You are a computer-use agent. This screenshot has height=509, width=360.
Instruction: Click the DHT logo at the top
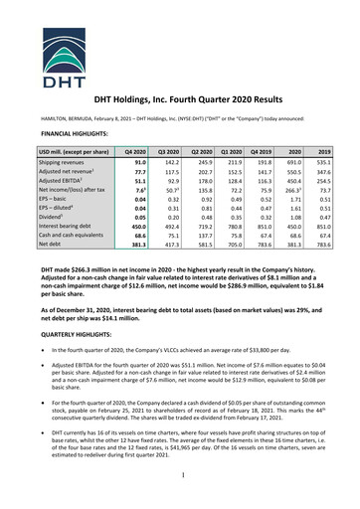click(x=179, y=37)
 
